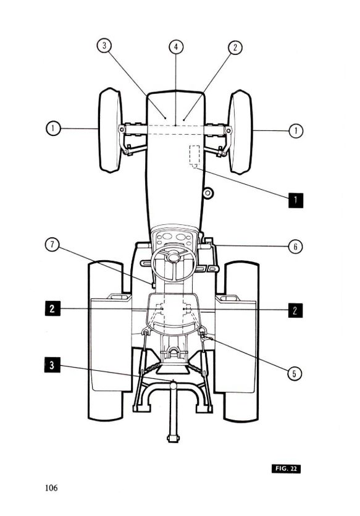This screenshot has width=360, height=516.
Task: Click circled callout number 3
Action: click(104, 45)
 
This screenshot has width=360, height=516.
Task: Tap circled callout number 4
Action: click(176, 47)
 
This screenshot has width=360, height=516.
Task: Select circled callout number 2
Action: click(235, 48)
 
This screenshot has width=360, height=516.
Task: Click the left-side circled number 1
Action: click(53, 128)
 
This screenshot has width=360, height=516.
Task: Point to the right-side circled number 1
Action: click(296, 131)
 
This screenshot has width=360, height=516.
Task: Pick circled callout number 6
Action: click(295, 247)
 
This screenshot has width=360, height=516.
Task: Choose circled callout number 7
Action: click(52, 245)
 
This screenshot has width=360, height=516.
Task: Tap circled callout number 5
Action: click(295, 373)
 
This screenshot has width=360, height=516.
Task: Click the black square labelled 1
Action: click(296, 200)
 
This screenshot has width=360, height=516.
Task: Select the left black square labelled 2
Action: click(52, 308)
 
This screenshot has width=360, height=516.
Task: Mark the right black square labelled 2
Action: click(295, 310)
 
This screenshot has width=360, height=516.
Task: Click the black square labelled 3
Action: click(52, 365)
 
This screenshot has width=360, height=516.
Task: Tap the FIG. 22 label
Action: click(286, 468)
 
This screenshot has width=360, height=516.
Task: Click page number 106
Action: click(51, 488)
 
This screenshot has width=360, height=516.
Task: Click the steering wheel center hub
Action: click(174, 256)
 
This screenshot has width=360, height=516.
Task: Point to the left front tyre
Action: click(111, 130)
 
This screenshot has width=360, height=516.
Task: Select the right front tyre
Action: click(240, 132)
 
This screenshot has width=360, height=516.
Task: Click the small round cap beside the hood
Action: click(207, 193)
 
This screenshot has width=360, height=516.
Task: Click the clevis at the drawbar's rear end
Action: click(174, 438)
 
